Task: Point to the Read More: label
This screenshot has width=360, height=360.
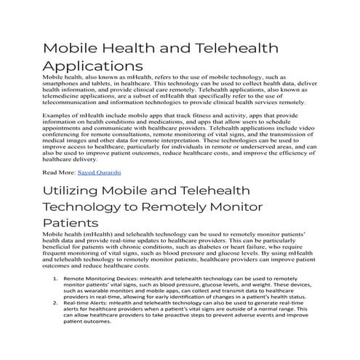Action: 59,172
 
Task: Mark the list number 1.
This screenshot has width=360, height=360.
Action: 57,279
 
